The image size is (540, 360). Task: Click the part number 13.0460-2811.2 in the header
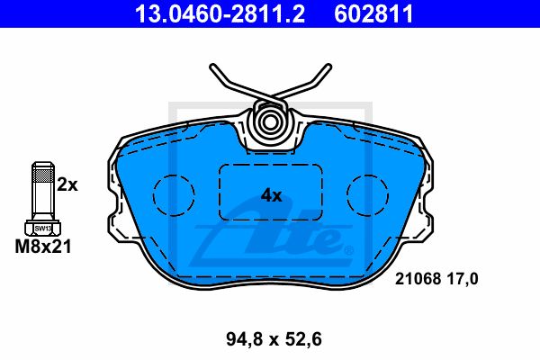[220, 13]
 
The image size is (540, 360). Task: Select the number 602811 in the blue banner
[373, 13]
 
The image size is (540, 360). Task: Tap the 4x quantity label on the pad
[271, 195]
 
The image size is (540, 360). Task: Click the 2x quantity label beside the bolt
[67, 185]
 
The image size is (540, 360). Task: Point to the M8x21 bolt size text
[43, 247]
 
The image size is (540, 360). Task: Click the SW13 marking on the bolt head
[43, 229]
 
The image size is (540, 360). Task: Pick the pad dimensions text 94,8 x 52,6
[274, 339]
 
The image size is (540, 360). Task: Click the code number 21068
[418, 279]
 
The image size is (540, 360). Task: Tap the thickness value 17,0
[463, 279]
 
